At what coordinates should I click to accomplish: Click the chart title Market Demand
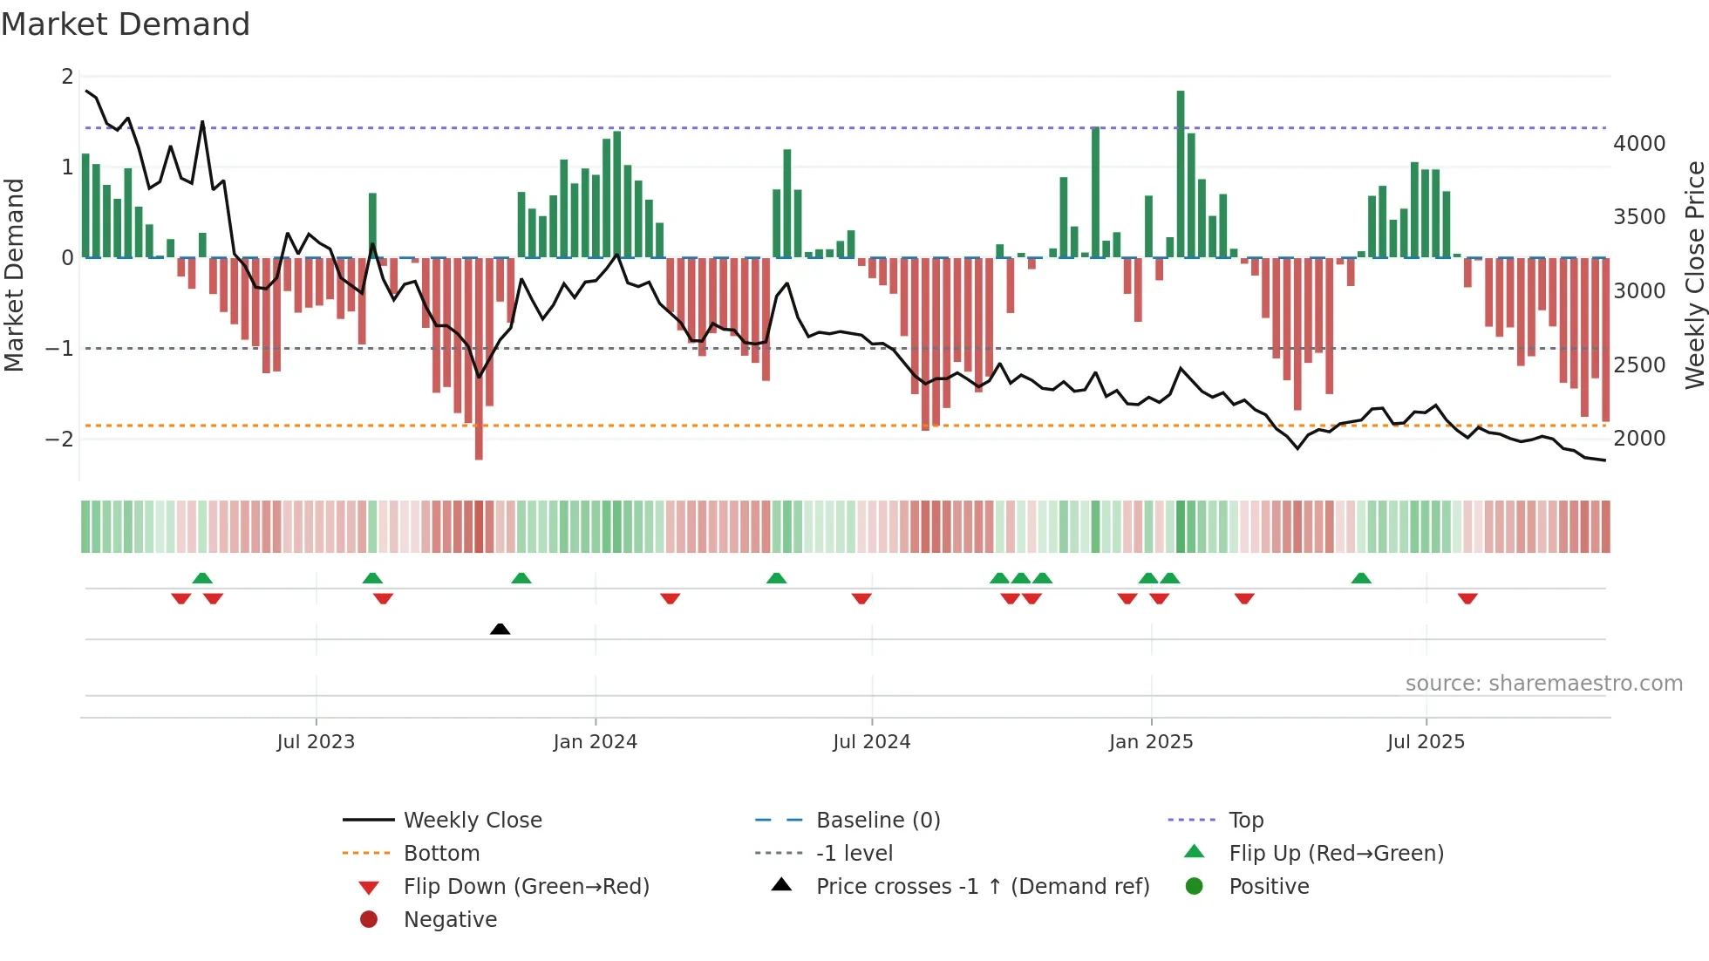pyautogui.click(x=126, y=24)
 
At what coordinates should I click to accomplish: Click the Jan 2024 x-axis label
pyautogui.click(x=595, y=742)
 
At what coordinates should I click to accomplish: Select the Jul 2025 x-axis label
pyautogui.click(x=1426, y=742)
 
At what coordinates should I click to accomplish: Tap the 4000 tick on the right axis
pyautogui.click(x=1638, y=143)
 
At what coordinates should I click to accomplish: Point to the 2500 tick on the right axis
pyautogui.click(x=1638, y=365)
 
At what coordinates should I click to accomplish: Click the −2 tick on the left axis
pyautogui.click(x=59, y=439)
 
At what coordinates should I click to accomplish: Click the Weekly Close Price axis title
pyautogui.click(x=1694, y=275)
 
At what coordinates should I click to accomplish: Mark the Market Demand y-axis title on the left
pyautogui.click(x=14, y=275)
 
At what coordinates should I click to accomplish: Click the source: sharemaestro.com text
pyautogui.click(x=1543, y=683)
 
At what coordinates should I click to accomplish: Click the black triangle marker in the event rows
pyautogui.click(x=500, y=629)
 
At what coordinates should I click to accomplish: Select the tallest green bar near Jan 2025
pyautogui.click(x=1181, y=174)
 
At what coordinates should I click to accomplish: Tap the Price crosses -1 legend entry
pyautogui.click(x=982, y=886)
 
